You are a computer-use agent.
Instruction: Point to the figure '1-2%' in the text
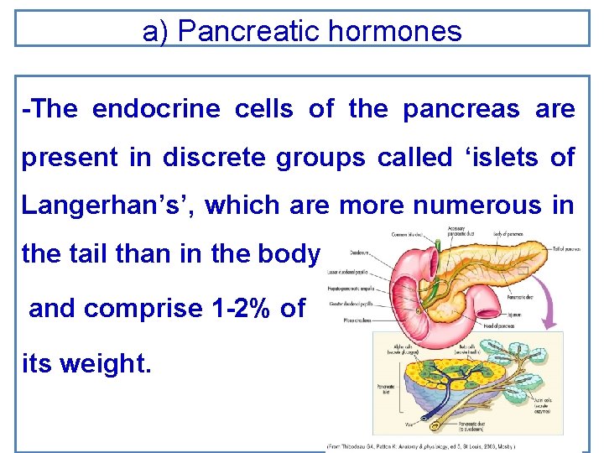(x=237, y=308)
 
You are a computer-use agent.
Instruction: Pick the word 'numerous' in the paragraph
(x=486, y=205)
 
